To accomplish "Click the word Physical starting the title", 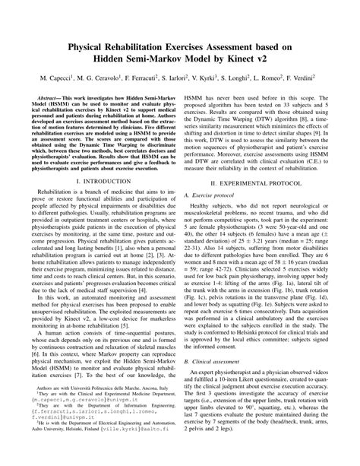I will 90,47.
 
